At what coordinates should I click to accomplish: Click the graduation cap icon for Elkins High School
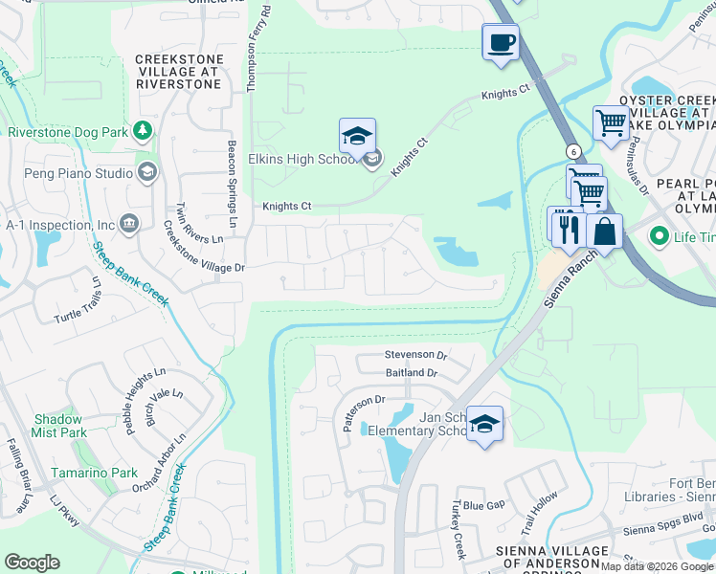(x=357, y=137)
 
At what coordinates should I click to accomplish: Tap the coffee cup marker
(x=501, y=43)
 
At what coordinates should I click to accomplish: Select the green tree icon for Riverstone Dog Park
(x=143, y=129)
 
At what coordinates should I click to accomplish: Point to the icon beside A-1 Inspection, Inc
(x=130, y=224)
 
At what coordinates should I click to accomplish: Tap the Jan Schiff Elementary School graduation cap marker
(x=485, y=424)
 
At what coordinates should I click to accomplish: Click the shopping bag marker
(x=605, y=232)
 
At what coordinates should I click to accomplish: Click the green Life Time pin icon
(x=659, y=235)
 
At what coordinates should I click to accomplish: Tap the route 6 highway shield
(x=572, y=151)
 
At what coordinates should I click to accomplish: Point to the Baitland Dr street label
(x=412, y=372)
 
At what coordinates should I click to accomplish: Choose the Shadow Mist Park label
(x=60, y=426)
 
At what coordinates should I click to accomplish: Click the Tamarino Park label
(x=96, y=473)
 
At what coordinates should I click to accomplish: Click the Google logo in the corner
(x=33, y=562)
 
